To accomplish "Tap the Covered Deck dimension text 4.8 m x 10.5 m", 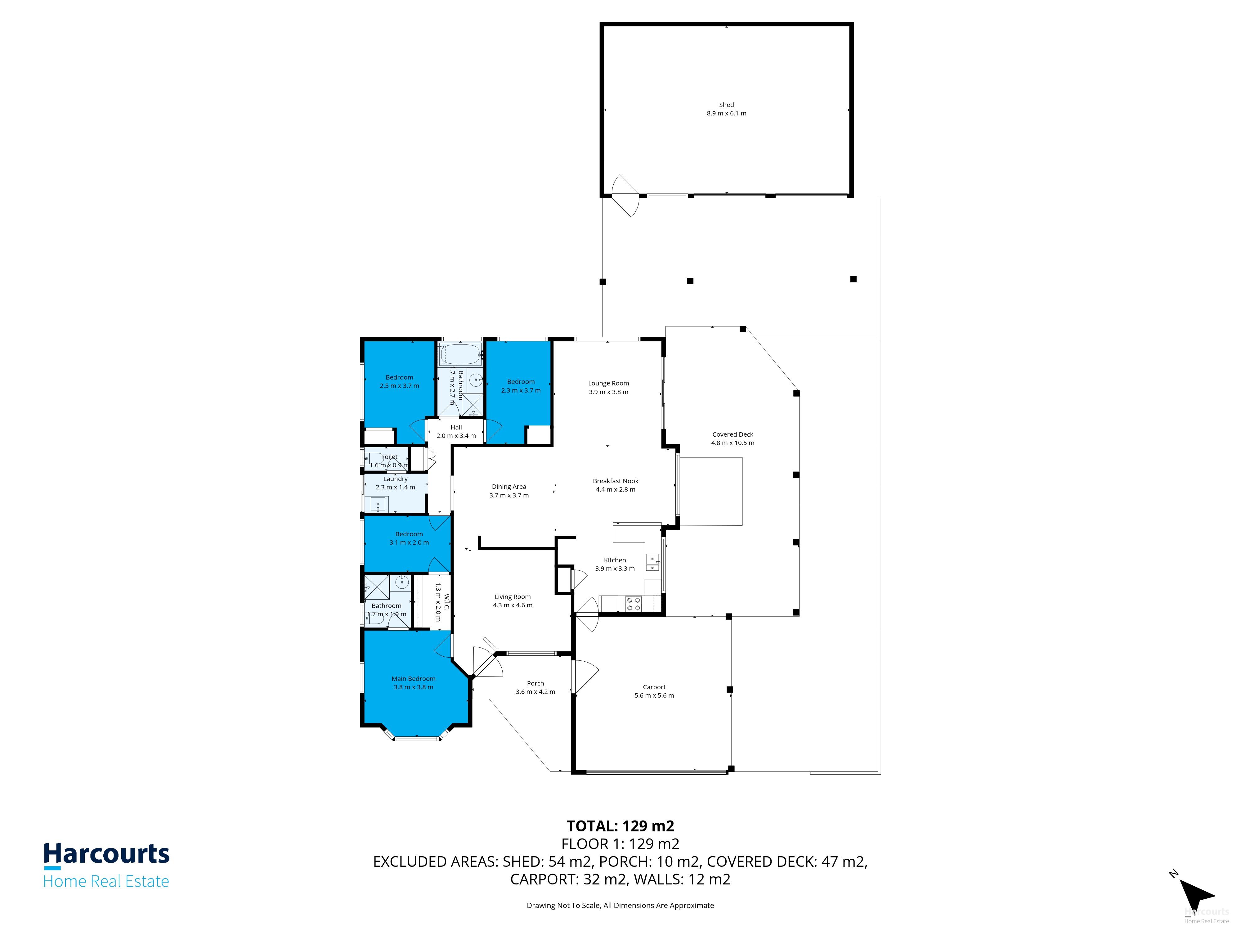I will tap(733, 443).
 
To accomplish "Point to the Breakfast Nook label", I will tap(616, 481).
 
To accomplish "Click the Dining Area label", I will tap(509, 487).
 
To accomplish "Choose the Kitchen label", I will tap(615, 560).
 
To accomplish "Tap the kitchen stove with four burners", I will tap(634, 604).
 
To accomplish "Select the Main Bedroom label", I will tap(414, 678).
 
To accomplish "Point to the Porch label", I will tap(535, 683).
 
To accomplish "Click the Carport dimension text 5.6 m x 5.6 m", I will tap(654, 695).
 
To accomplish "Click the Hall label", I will tap(456, 427).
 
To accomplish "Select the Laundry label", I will tap(396, 479).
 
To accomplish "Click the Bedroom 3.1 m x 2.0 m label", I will tap(409, 534).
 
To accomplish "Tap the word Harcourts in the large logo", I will tap(107, 853).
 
